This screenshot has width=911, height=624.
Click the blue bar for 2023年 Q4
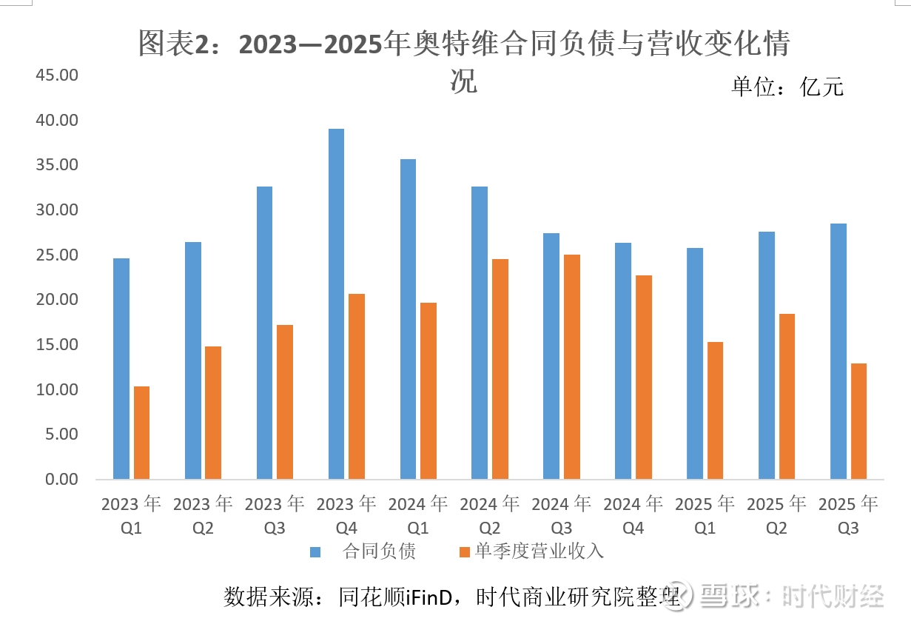coord(336,303)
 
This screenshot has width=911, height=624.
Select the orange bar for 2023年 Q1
coord(141,432)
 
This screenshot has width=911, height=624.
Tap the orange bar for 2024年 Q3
coord(572,366)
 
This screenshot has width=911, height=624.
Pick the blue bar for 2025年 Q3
coord(838,351)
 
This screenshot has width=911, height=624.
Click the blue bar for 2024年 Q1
coord(408,319)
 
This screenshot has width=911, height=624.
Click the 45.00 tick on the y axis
coord(57,76)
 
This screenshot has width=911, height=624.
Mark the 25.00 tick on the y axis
coord(57,255)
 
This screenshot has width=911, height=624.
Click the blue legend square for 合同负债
coord(315,551)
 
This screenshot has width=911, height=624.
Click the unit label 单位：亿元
coord(787,87)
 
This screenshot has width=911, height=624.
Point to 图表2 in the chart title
coord(175,45)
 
